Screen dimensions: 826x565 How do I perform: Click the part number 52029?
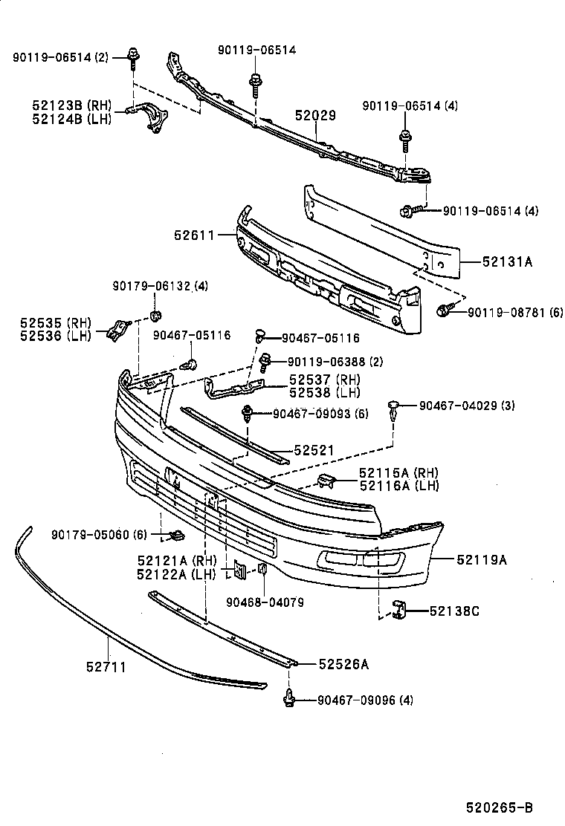(315, 116)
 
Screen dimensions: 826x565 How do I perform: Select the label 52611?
(194, 235)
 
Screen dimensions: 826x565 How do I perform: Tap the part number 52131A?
(507, 261)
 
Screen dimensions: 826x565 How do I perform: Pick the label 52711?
(106, 667)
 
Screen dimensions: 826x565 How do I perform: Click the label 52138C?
(454, 611)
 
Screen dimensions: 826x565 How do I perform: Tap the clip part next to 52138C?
(400, 610)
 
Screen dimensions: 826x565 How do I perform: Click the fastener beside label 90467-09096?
(290, 698)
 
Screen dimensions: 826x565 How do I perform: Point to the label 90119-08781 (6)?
(515, 312)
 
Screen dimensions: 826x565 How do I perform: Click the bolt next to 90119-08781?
(444, 311)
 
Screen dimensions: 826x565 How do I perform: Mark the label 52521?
(313, 450)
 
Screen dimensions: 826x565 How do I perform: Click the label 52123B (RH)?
(71, 105)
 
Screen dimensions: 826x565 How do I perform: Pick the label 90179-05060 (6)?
(100, 535)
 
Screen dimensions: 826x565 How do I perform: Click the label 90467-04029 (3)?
(467, 405)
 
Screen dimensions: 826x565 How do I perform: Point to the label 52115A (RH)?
(398, 473)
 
